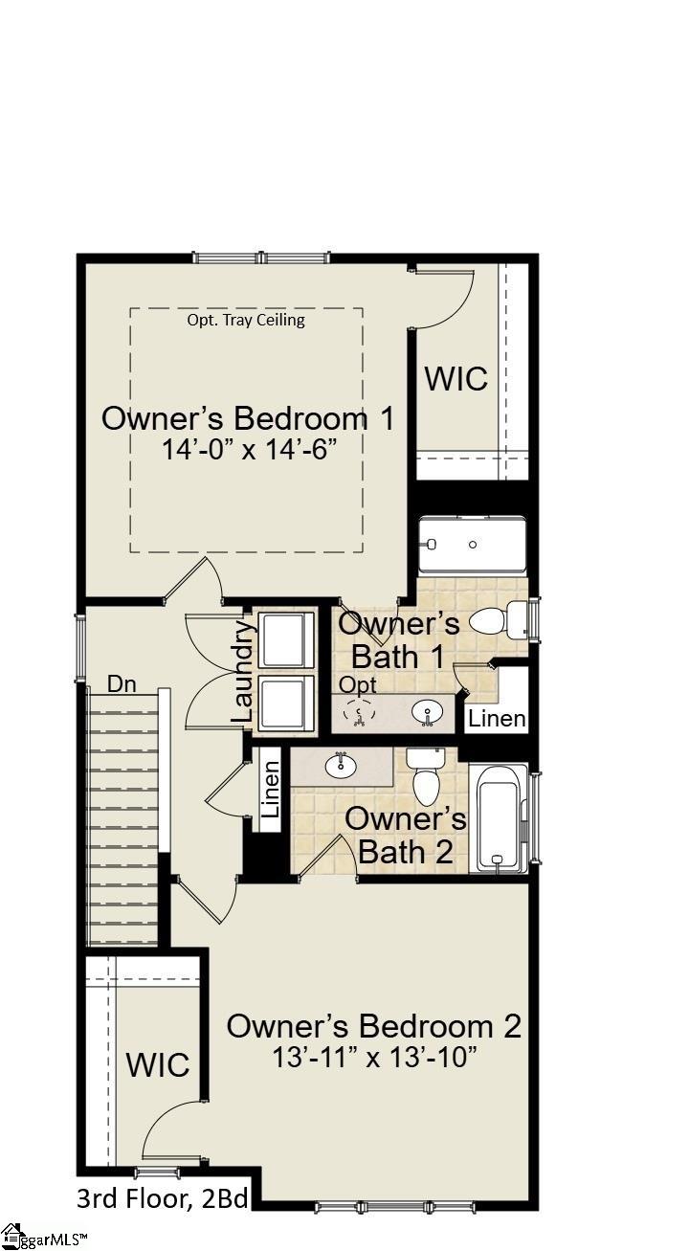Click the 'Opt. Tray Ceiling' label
click(246, 321)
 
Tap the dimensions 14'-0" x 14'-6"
click(250, 449)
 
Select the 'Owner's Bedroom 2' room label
click(373, 1026)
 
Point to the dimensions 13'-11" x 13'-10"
click(374, 1057)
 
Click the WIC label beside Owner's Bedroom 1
click(456, 379)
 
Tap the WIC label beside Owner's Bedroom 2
click(158, 1065)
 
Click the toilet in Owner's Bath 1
click(498, 620)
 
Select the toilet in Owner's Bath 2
click(426, 776)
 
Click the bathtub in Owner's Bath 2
click(498, 818)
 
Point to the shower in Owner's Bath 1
click(473, 544)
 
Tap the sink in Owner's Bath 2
click(340, 765)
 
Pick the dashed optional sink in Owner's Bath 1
click(357, 714)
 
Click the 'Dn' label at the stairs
click(122, 684)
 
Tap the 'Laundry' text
click(244, 671)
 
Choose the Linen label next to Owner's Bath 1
click(497, 719)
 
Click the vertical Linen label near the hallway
click(271, 789)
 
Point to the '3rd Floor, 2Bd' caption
click(163, 1199)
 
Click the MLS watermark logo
click(45, 1237)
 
